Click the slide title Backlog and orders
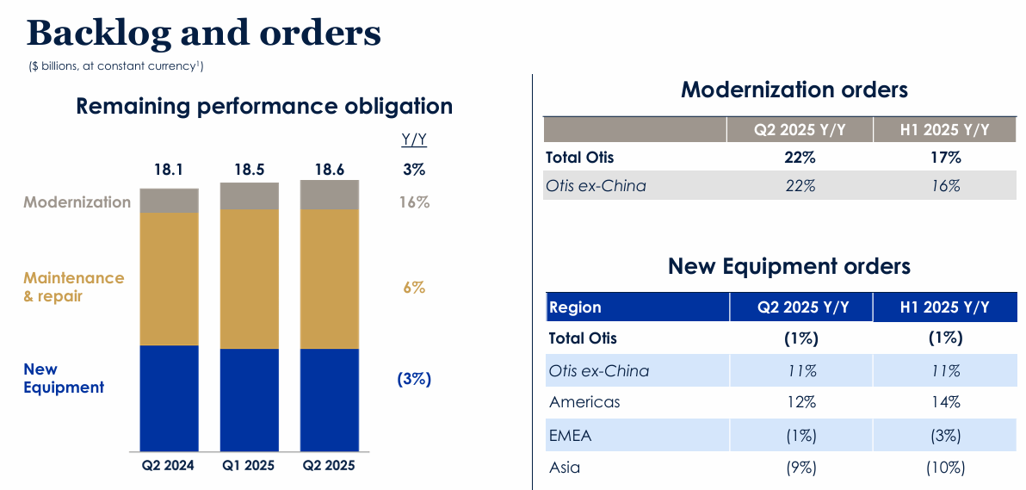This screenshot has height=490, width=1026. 204,34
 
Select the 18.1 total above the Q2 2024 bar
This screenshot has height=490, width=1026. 169,170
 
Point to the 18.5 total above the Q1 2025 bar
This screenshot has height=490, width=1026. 249,170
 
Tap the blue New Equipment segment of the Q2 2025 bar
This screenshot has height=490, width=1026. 330,400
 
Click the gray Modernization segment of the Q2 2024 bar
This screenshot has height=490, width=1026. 169,201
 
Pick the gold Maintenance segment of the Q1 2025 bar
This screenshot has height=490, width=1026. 250,278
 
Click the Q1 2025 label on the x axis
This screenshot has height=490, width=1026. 249,466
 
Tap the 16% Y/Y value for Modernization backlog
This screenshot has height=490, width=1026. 414,202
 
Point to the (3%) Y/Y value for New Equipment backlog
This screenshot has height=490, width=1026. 414,379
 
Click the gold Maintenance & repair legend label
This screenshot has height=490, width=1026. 73,287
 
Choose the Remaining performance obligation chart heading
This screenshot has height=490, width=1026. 264,106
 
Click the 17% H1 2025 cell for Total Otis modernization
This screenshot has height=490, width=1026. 945,158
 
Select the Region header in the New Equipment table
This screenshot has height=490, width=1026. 575,307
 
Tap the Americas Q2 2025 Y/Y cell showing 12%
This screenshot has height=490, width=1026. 800,402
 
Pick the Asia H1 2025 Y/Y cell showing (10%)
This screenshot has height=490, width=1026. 945,468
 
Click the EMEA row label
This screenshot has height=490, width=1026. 570,435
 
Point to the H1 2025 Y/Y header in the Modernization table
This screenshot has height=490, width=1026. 945,130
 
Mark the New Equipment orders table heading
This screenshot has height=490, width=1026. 788,266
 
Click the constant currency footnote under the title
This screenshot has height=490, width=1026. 116,65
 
